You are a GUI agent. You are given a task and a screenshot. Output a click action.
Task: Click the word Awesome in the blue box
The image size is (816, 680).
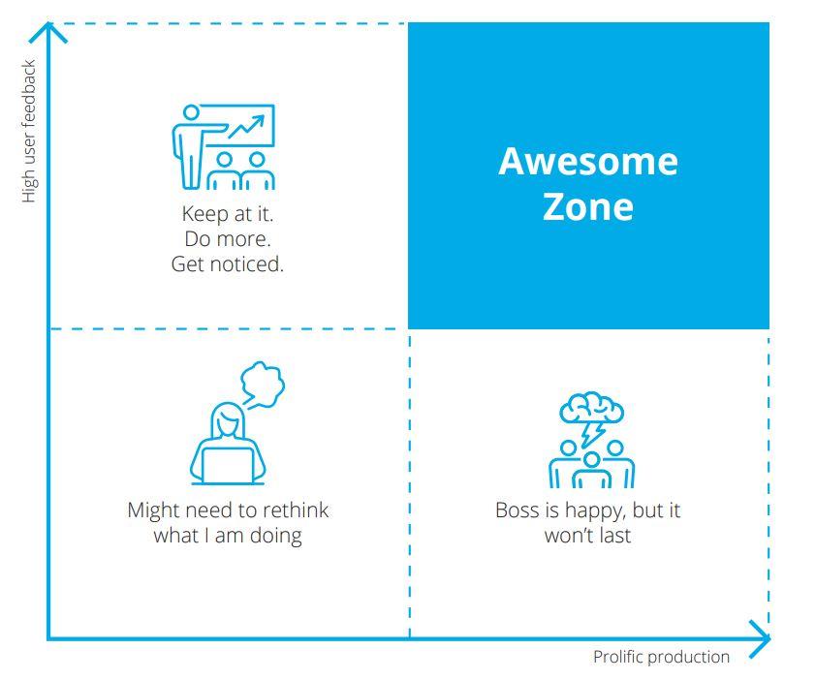(x=588, y=162)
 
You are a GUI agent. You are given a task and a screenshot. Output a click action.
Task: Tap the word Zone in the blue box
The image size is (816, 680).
(x=588, y=206)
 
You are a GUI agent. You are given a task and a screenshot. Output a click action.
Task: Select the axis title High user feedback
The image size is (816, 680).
(x=29, y=131)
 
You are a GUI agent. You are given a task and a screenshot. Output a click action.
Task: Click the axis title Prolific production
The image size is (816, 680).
(x=661, y=657)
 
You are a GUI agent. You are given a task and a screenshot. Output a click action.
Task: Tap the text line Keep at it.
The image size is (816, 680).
(x=228, y=214)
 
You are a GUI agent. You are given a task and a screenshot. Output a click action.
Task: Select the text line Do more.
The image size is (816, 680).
(x=228, y=239)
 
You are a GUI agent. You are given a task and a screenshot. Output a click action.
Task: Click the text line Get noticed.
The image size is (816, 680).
(x=228, y=264)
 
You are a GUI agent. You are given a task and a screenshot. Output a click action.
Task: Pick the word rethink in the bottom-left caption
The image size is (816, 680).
(x=296, y=510)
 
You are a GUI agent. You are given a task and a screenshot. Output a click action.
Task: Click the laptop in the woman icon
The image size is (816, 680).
(x=228, y=466)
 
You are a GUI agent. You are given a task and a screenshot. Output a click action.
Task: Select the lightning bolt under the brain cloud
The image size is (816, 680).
(x=592, y=433)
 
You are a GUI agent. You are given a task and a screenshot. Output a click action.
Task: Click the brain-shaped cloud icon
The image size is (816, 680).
(x=592, y=408)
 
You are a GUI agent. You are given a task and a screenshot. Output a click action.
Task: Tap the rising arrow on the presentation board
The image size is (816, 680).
(x=246, y=127)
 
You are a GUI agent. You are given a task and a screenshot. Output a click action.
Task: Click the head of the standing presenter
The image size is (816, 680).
(x=191, y=112)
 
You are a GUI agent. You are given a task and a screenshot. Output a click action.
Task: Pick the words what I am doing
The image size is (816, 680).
(x=228, y=536)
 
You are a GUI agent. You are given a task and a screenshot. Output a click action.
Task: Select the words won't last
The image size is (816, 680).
(x=587, y=536)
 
